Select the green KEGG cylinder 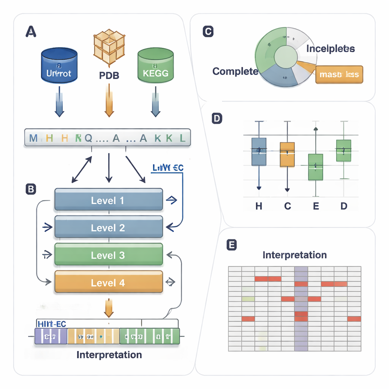click(155, 65)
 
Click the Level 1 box click(109, 200)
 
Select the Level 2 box click(109, 228)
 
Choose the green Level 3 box click(109, 255)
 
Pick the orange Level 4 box click(109, 283)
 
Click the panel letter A click(31, 32)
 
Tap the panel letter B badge click(30, 189)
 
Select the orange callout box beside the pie click(339, 74)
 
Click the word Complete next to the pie click(235, 71)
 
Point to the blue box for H click(259, 151)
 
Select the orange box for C click(287, 154)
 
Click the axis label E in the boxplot click(315, 206)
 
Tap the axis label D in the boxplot click(343, 206)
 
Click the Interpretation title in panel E click(294, 255)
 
